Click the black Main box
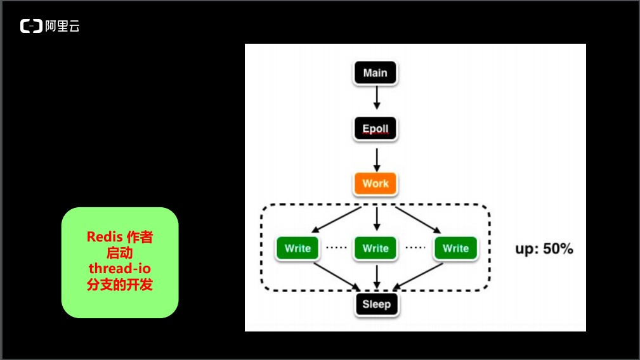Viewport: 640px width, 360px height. coord(375,73)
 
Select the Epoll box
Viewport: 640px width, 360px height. coord(375,129)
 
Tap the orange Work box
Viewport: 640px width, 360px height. coord(375,184)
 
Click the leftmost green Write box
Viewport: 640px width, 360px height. coord(297,248)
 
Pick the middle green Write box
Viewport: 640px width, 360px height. coord(376,248)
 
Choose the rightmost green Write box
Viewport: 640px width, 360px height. coord(455,248)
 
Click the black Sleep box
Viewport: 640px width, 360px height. coord(376,304)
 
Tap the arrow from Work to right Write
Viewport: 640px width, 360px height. coord(415,219)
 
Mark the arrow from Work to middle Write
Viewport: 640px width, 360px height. coord(377,217)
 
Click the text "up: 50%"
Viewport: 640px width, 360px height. coord(544,248)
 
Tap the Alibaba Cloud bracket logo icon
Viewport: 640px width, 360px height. coord(30,26)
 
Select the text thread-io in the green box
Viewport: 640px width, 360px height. coord(119,269)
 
